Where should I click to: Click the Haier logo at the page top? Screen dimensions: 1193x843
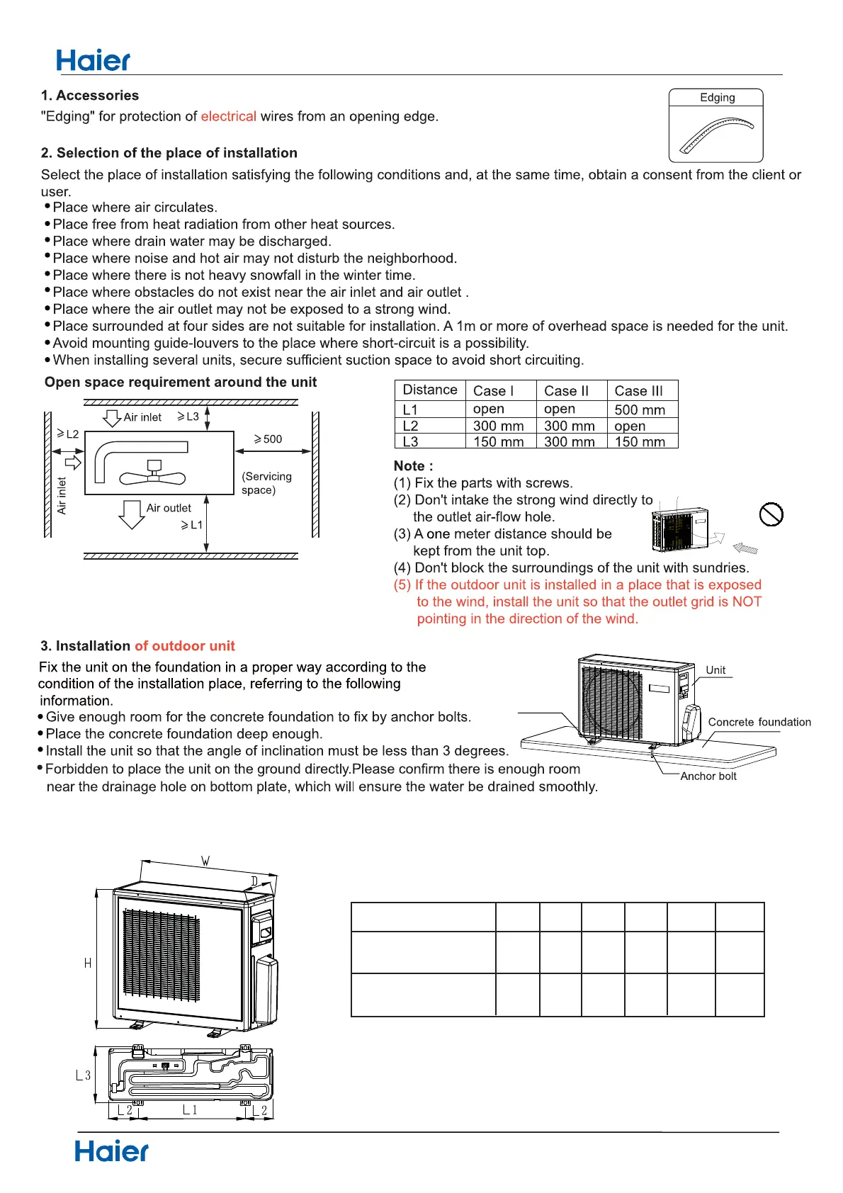pos(93,61)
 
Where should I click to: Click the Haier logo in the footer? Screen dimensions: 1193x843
pos(111,1151)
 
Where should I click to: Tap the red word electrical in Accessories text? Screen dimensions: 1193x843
pos(228,116)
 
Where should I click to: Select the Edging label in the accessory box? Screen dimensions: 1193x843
pos(717,98)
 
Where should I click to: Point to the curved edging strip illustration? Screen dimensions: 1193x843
pos(715,135)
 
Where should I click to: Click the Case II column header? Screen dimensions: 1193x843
pos(566,390)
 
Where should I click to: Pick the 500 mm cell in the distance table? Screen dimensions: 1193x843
pos(640,409)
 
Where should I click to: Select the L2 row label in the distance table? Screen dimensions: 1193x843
pos(411,426)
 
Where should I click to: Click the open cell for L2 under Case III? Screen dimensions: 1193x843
pos(630,426)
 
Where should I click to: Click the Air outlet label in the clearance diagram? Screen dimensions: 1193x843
pos(169,508)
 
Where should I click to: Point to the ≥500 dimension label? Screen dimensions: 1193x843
pos(268,439)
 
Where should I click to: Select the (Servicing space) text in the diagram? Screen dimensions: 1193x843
pos(266,483)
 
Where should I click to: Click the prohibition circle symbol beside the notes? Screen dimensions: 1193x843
pos(771,514)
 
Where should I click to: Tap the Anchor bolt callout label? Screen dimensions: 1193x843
pos(708,776)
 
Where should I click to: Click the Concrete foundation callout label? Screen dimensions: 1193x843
pos(759,722)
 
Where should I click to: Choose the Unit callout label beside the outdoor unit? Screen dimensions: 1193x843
pos(715,670)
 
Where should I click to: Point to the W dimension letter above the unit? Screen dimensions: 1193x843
pos(205,861)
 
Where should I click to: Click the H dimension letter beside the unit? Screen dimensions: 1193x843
pos(88,963)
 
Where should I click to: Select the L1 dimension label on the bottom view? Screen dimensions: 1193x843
pos(190,1110)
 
